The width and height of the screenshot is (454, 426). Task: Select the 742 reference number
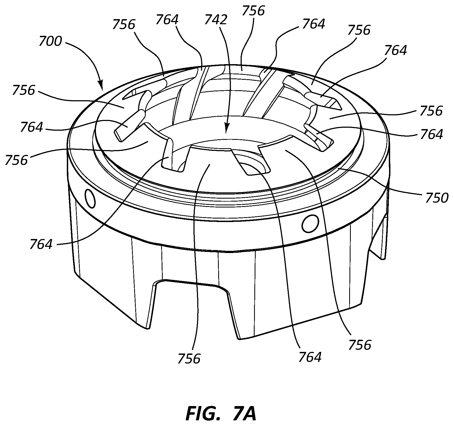tap(216, 20)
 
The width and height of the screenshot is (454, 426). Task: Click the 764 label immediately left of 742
tap(167, 20)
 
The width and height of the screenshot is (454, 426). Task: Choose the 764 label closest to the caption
tap(310, 357)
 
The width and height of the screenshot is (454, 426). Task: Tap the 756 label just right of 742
tap(253, 11)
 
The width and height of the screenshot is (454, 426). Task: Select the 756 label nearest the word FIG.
tap(189, 359)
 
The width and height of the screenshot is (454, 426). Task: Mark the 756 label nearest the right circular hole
tap(360, 345)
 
